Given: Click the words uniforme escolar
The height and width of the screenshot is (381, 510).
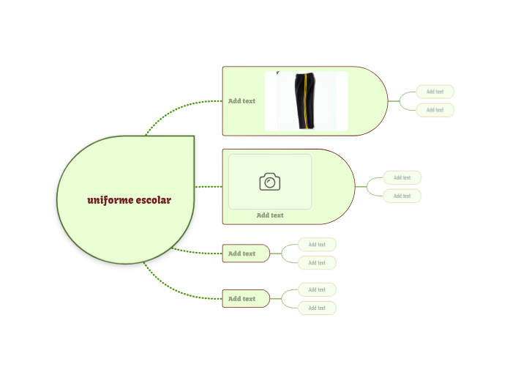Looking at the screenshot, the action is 129,200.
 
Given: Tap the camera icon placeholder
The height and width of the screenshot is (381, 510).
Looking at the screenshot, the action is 270,182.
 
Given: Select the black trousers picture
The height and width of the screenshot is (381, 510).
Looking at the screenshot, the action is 306,101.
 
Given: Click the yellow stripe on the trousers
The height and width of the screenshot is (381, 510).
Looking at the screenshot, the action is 305,101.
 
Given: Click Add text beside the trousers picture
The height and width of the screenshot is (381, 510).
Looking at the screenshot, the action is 241,101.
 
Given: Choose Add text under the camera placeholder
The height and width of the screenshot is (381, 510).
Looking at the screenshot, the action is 270,215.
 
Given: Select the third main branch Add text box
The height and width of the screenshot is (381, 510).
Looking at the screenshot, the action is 246,254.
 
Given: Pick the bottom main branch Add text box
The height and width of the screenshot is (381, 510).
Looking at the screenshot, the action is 246,299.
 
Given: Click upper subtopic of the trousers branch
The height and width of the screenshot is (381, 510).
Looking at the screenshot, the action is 435,92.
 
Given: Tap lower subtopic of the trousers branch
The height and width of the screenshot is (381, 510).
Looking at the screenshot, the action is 435,110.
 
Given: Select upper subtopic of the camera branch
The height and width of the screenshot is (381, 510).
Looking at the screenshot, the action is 402,177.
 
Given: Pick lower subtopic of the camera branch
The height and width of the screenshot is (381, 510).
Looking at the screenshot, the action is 402,196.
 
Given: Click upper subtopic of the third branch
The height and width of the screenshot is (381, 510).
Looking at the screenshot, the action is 317,244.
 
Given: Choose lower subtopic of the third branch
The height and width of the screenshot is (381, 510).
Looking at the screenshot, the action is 317,263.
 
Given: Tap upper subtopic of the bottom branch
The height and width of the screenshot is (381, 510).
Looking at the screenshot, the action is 317,289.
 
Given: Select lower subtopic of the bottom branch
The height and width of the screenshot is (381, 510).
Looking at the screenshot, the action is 317,308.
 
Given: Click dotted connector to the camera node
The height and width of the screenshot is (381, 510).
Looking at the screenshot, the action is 209,187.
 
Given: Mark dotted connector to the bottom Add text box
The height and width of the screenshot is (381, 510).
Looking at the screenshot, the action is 175,290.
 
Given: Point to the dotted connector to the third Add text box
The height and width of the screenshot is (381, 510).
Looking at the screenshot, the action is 197,252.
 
